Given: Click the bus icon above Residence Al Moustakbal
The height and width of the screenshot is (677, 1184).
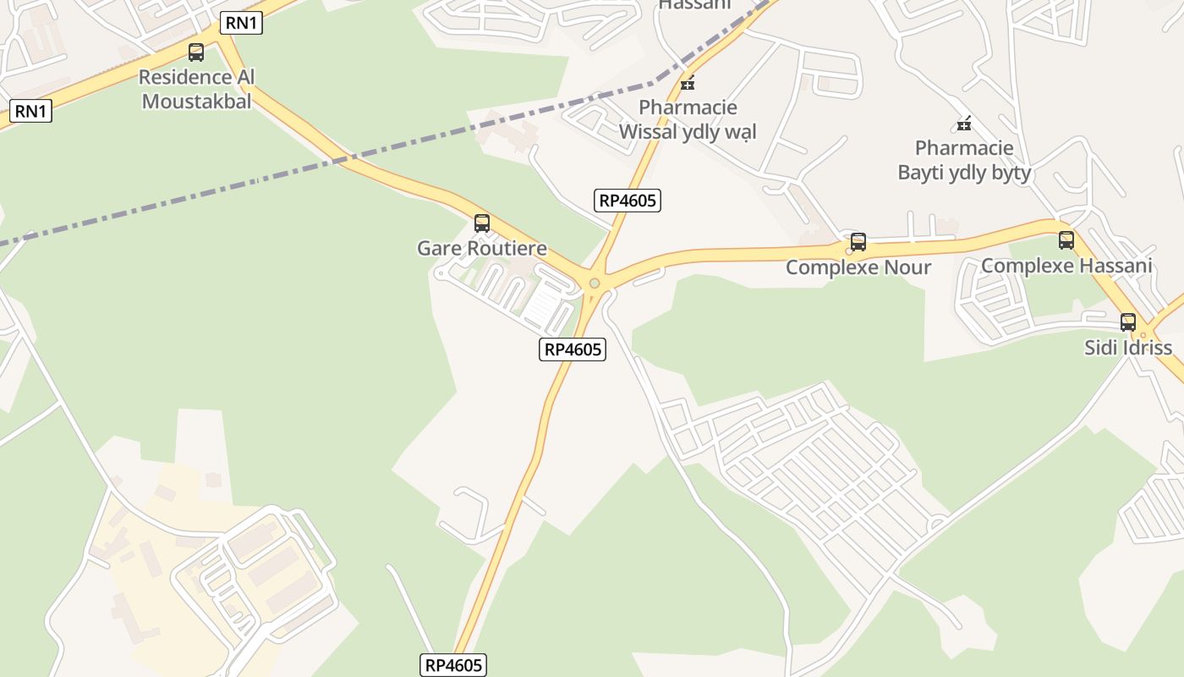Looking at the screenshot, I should click(196, 52).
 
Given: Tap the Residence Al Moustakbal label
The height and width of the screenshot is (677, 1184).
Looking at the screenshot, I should click(197, 89).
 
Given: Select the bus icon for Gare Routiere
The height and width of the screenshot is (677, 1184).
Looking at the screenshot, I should click(482, 223).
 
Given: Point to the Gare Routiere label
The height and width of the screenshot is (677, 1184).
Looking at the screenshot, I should click(482, 249).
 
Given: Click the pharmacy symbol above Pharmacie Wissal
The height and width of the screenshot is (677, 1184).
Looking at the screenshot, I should click(688, 83).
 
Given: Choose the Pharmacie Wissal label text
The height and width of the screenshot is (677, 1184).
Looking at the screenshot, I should click(688, 119).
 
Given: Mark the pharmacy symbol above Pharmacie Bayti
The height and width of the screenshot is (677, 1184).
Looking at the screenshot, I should click(963, 124).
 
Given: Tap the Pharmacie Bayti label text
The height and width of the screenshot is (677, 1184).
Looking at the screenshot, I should click(964, 161).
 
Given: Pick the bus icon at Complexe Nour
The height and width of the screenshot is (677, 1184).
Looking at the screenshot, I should click(858, 242).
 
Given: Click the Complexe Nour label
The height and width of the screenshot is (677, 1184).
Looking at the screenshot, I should click(858, 267).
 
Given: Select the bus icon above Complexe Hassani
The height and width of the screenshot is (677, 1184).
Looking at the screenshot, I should click(1066, 240).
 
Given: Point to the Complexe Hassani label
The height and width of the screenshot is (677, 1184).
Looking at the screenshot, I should click(1066, 266).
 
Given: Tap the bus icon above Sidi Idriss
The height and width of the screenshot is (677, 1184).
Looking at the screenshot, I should click(1128, 322).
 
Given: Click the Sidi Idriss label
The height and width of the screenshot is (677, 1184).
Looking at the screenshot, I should click(1128, 348).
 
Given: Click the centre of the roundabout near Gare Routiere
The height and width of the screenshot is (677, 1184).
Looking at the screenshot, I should click(595, 283).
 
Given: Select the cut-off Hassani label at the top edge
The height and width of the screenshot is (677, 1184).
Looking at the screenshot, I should click(694, 5).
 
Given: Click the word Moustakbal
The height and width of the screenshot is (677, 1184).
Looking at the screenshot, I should click(197, 101).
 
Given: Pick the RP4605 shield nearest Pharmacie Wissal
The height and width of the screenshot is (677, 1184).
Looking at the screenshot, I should click(628, 201).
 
